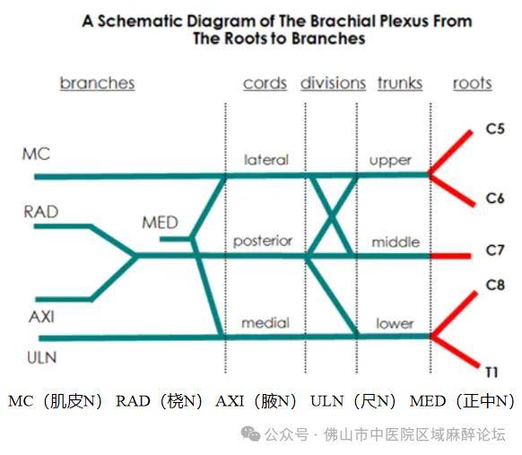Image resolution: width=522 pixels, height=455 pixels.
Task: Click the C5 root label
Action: (x=495, y=129)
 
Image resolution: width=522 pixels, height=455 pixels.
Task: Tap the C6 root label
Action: (x=495, y=198)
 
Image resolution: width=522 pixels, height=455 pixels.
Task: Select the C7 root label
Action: (x=495, y=250)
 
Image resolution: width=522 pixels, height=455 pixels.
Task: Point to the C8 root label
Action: (x=495, y=285)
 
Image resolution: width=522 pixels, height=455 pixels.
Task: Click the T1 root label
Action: (x=492, y=372)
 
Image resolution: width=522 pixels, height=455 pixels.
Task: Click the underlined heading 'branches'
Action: (x=97, y=83)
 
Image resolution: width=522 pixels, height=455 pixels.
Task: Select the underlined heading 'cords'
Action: (x=265, y=83)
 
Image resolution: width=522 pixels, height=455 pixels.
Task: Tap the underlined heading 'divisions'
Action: (x=333, y=83)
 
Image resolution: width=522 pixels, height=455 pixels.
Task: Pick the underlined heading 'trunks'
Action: (x=400, y=83)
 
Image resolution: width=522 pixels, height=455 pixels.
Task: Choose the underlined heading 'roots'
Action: (x=473, y=83)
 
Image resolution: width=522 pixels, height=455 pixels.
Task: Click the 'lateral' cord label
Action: (x=266, y=160)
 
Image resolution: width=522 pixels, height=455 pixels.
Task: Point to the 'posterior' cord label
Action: (x=263, y=241)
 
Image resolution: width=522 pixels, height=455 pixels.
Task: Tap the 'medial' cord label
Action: (x=265, y=323)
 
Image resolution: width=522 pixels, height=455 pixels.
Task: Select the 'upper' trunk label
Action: (x=390, y=161)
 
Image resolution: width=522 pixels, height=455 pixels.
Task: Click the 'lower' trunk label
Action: (x=395, y=323)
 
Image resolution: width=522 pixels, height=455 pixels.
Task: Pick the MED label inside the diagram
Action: (x=161, y=223)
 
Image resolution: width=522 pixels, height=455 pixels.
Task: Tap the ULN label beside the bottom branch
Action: (x=42, y=358)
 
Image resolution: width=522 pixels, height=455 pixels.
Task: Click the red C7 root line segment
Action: (x=451, y=256)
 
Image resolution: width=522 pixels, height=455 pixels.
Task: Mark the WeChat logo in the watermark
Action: (x=250, y=433)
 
